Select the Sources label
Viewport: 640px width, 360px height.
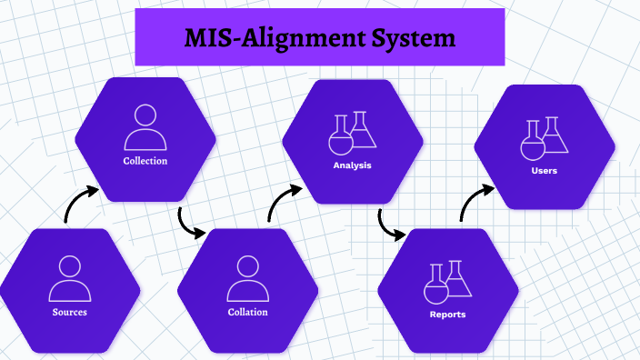pos(70,313)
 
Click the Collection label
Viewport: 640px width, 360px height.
pos(145,161)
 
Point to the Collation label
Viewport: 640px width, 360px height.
pos(248,313)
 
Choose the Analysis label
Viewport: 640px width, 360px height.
pos(352,166)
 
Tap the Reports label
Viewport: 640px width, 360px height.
pos(447,315)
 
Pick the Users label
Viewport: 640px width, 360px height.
pos(544,170)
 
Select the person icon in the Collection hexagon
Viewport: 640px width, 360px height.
pos(145,128)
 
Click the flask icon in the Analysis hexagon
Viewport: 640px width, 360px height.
pos(352,132)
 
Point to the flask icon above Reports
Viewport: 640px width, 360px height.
pos(448,282)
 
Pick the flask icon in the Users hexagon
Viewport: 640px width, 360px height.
pos(544,136)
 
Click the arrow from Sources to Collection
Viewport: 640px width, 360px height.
pos(80,205)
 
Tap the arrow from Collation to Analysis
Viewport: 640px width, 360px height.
pos(285,202)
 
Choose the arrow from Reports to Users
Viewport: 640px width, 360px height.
pos(475,203)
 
